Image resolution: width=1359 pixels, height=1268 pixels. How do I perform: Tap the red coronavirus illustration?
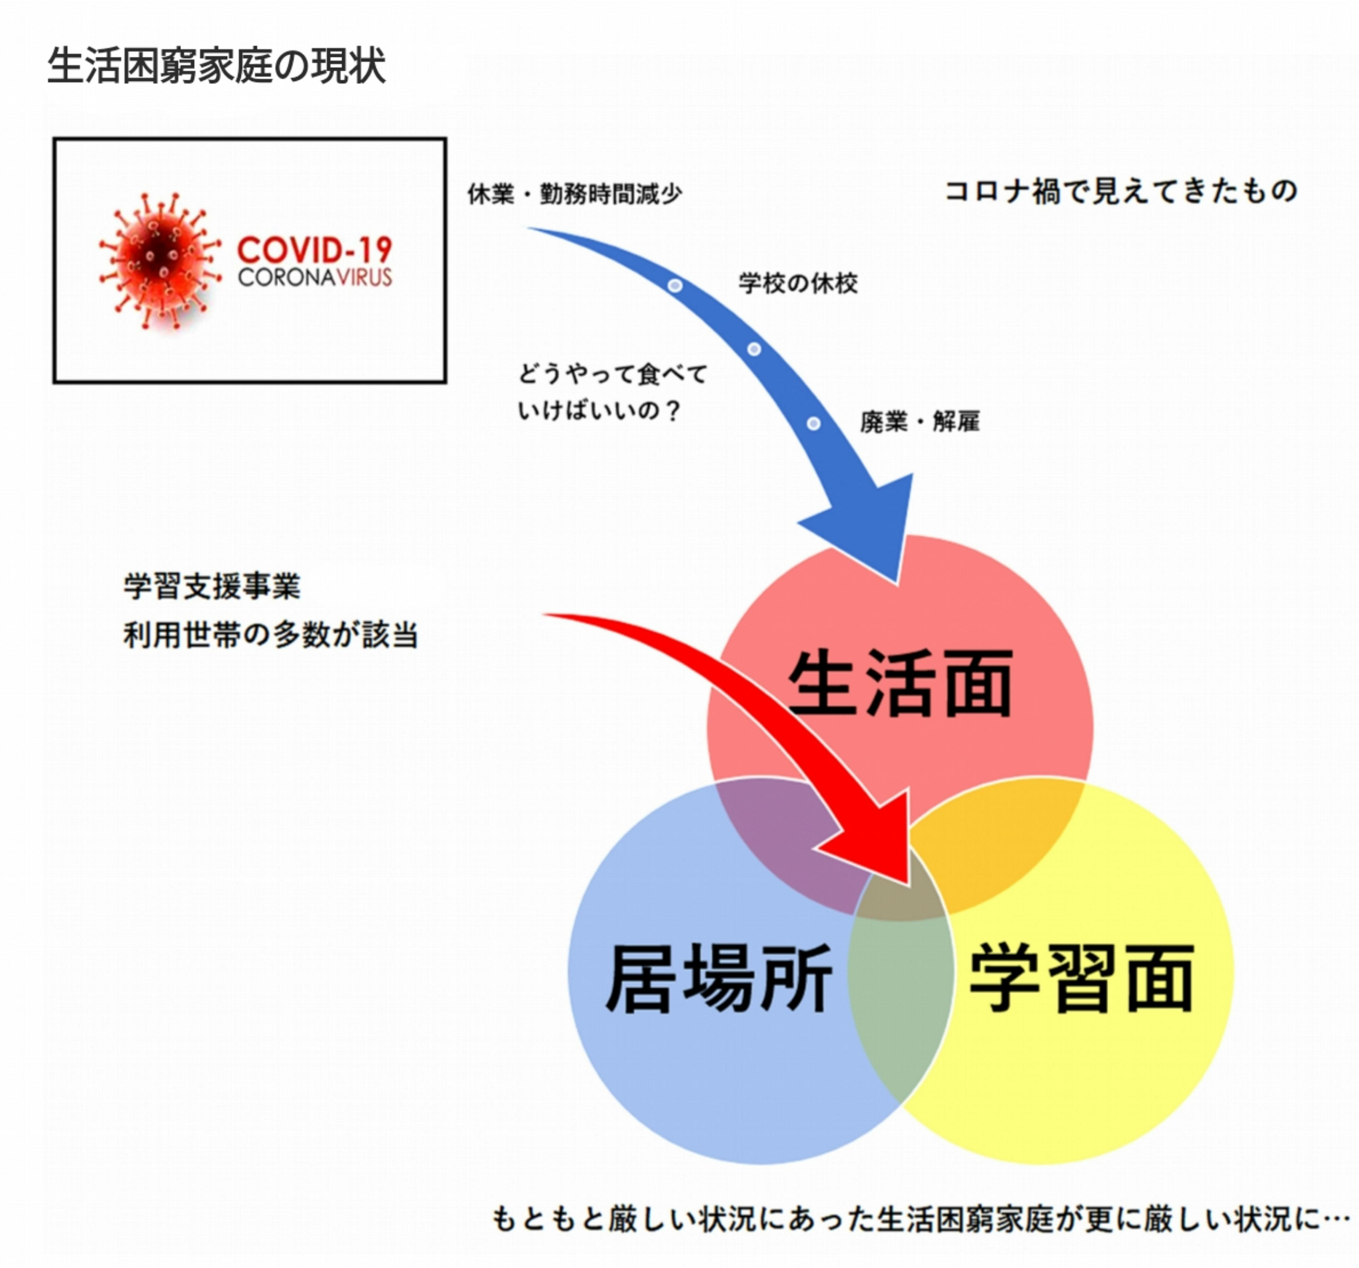[x=160, y=261]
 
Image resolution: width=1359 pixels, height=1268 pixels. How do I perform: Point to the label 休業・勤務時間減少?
[x=574, y=194]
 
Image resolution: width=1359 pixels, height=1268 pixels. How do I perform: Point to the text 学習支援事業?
[x=212, y=586]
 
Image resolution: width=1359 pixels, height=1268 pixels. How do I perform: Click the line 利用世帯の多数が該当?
[x=270, y=635]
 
